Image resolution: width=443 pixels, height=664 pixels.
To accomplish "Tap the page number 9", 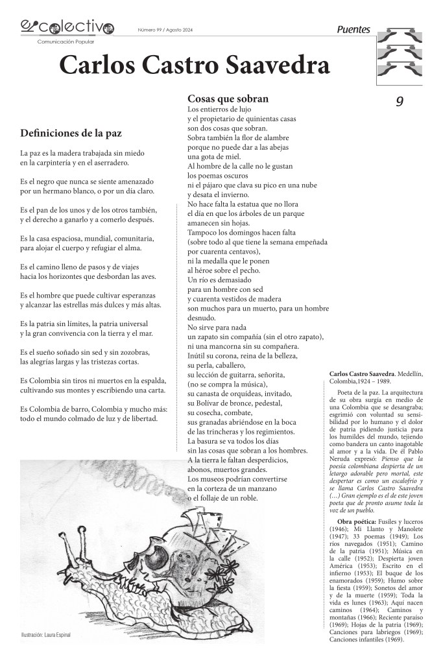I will (x=400, y=101).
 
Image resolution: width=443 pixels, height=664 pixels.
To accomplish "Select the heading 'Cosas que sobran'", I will (x=228, y=99).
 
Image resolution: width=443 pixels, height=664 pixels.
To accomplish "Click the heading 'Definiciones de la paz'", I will (x=71, y=134).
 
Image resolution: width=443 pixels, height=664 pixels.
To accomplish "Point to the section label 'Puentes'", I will (x=353, y=29).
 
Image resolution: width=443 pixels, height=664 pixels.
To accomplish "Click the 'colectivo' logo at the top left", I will (x=67, y=27).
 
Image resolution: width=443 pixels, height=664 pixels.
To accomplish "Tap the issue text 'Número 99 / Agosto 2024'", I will (x=165, y=30).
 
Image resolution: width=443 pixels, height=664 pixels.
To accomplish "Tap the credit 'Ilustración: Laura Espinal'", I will (x=45, y=634).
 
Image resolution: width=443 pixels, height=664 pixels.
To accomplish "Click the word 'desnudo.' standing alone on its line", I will (x=200, y=318).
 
